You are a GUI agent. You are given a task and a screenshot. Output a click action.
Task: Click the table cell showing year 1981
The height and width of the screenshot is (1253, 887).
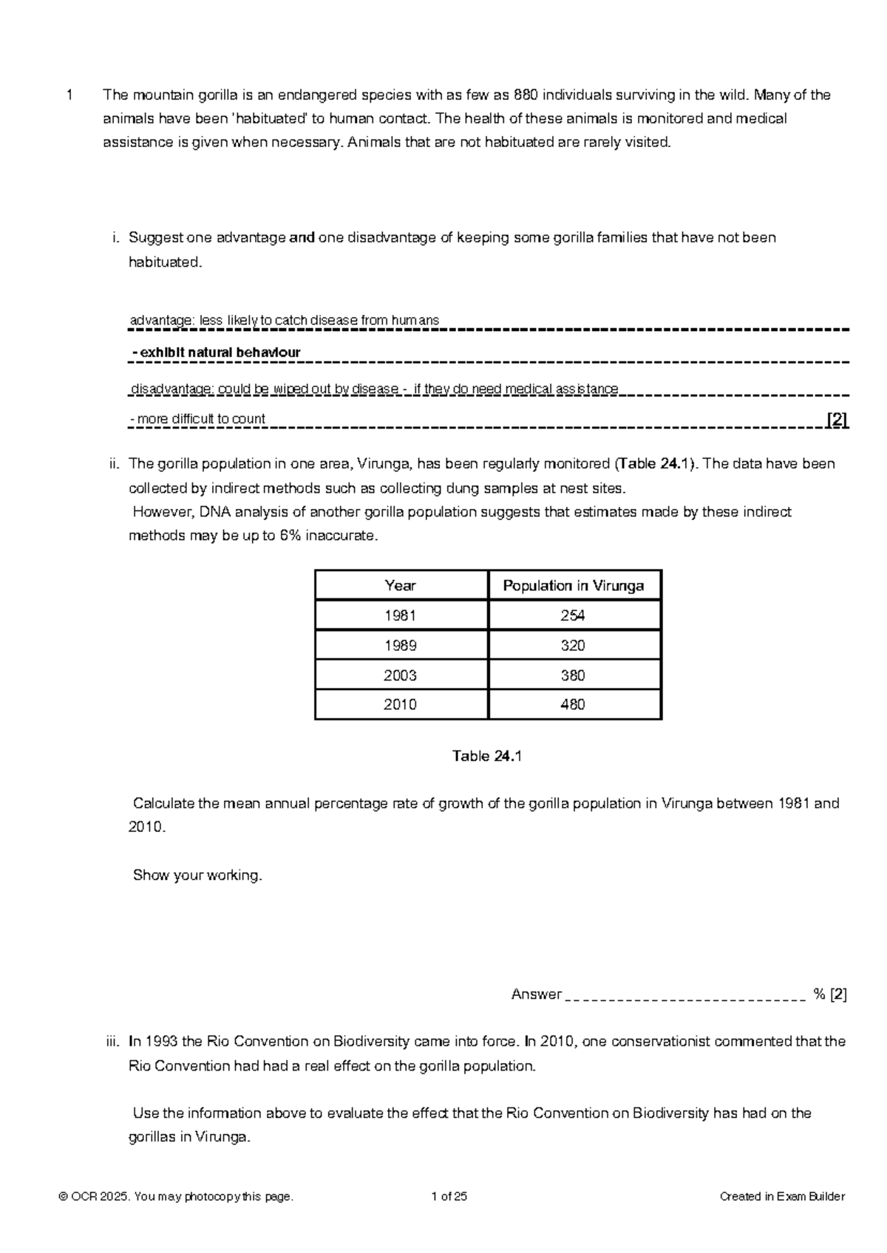pyautogui.click(x=400, y=615)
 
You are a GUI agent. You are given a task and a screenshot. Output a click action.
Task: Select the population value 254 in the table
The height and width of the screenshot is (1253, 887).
pyautogui.click(x=573, y=615)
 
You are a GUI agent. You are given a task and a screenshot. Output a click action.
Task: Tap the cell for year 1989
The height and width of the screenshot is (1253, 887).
pyautogui.click(x=400, y=646)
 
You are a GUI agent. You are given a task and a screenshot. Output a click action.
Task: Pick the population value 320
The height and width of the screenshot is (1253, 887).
pyautogui.click(x=573, y=646)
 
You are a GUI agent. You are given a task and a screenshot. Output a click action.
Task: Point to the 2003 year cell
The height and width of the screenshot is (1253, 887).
pyautogui.click(x=400, y=675)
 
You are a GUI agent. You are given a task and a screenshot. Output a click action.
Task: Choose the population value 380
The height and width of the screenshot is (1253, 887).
pyautogui.click(x=573, y=675)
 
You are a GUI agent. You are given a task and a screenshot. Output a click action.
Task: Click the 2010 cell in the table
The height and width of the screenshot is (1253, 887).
pyautogui.click(x=400, y=705)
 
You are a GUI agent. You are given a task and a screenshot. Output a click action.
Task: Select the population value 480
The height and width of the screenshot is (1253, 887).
pyautogui.click(x=573, y=705)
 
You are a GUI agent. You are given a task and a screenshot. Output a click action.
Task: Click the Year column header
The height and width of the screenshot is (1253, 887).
pyautogui.click(x=400, y=586)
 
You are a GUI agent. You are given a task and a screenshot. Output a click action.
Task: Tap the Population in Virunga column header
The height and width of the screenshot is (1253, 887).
pyautogui.click(x=573, y=586)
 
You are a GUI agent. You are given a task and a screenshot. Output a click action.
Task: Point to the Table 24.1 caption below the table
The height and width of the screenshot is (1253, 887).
pyautogui.click(x=487, y=757)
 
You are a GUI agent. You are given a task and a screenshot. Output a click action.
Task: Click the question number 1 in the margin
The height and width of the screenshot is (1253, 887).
pyautogui.click(x=69, y=95)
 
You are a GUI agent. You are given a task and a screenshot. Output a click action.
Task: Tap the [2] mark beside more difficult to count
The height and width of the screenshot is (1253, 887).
pyautogui.click(x=837, y=420)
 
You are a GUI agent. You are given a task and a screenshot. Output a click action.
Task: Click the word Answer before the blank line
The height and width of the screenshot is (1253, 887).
pyautogui.click(x=537, y=994)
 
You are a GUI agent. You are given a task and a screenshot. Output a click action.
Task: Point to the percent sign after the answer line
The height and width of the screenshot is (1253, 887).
pyautogui.click(x=819, y=994)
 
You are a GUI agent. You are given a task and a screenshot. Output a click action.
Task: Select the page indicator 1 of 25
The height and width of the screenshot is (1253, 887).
pyautogui.click(x=449, y=1197)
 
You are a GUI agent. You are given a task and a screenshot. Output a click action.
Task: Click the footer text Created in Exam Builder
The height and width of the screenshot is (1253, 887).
pyautogui.click(x=782, y=1197)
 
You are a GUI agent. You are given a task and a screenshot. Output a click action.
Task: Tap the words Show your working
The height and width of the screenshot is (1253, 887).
pyautogui.click(x=197, y=875)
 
